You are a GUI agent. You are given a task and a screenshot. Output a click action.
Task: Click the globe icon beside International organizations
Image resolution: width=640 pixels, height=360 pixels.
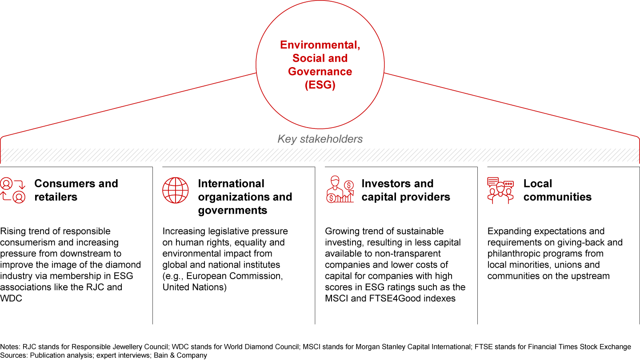(x=176, y=190)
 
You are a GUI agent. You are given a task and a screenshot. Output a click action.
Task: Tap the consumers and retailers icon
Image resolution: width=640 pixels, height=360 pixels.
(x=13, y=190)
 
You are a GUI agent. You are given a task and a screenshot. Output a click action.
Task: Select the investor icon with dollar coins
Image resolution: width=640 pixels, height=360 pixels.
(x=340, y=189)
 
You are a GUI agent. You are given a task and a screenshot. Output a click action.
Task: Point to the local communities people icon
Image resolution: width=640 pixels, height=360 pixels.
(x=500, y=190)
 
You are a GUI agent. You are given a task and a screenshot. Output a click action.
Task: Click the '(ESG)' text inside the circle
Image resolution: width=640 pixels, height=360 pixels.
(x=320, y=85)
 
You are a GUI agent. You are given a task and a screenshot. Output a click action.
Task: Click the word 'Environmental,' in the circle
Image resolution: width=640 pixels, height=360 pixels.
(x=320, y=45)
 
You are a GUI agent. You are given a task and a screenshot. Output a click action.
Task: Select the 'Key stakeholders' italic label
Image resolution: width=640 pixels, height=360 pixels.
(x=320, y=139)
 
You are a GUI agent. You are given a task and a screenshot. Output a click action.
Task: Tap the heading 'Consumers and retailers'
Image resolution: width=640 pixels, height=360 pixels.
(x=76, y=190)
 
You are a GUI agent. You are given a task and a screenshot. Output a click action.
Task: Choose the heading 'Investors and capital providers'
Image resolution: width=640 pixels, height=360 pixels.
(x=406, y=190)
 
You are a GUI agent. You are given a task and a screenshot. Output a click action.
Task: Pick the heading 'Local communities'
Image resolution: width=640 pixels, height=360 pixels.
(x=557, y=190)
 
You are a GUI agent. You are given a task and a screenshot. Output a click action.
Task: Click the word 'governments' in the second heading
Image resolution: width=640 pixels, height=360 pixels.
(x=232, y=210)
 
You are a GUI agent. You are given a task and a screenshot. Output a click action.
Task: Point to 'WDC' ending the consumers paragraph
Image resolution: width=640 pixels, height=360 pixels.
(x=11, y=298)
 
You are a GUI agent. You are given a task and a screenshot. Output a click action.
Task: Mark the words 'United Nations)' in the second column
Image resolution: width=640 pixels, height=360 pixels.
(x=195, y=287)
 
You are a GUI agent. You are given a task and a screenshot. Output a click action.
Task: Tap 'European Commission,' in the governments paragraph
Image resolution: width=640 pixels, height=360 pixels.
(x=235, y=276)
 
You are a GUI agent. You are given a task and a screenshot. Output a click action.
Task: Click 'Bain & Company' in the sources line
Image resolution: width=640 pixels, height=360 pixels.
(x=180, y=356)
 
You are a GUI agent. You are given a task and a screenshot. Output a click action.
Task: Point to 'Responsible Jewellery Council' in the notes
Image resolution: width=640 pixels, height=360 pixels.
(x=120, y=347)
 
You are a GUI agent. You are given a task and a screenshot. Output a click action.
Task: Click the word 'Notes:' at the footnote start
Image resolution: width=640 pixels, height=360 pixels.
(x=10, y=347)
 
